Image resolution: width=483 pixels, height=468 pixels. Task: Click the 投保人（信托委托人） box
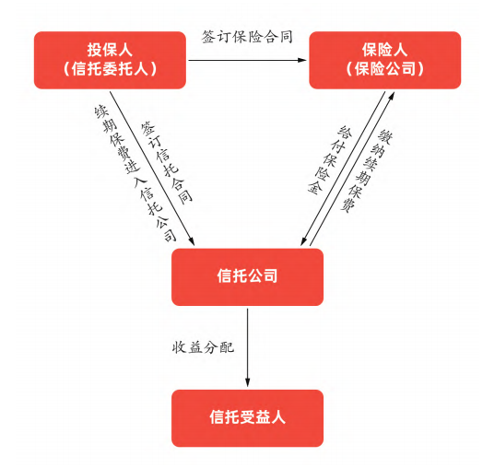pos(110,60)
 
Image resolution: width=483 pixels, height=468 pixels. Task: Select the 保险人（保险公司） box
pos(385,60)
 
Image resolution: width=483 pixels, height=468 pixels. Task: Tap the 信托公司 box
pos(247,276)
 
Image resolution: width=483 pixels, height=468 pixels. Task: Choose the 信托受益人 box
pos(247,418)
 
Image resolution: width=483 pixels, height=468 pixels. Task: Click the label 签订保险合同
pos(247,37)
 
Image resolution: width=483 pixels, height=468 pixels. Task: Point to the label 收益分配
pos(204,347)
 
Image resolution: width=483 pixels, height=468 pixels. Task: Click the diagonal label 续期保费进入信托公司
pos(135,174)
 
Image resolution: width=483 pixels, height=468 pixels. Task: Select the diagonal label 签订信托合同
pos(167,162)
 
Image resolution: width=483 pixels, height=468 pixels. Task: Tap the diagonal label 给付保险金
pos(330,160)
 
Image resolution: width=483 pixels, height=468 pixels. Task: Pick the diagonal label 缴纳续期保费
pos(367,171)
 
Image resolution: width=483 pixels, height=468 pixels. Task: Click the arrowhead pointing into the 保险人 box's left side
pos(302,60)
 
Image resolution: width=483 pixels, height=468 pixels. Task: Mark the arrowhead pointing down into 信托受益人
pos(247,382)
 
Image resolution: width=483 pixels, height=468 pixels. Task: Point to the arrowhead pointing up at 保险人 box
pos(392,96)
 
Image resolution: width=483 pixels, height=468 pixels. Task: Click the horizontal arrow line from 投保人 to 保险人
pos(248,60)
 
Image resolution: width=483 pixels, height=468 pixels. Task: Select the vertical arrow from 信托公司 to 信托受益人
pos(247,347)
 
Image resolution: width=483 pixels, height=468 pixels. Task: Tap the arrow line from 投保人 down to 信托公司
pos(152,169)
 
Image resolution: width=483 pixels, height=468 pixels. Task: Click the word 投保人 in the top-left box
pos(110,50)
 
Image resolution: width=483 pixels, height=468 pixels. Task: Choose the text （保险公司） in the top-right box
pos(385,69)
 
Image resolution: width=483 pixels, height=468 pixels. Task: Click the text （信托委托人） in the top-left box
pos(110,69)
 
